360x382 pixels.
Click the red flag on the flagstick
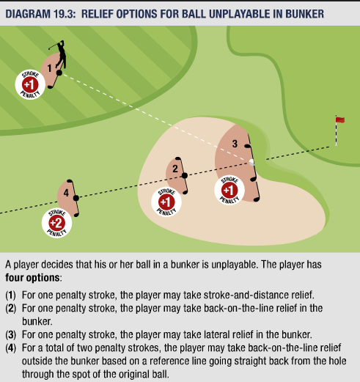click(x=340, y=120)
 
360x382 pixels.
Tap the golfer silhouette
click(x=59, y=55)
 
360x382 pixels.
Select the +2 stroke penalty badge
click(x=56, y=223)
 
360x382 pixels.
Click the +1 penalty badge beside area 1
click(x=30, y=84)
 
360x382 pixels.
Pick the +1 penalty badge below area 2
click(x=166, y=202)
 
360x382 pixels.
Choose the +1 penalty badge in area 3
click(x=229, y=190)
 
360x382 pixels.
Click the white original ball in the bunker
click(x=251, y=162)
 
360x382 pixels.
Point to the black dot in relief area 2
click(x=185, y=175)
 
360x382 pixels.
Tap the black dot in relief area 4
click(x=76, y=198)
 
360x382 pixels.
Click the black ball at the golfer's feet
click(x=59, y=73)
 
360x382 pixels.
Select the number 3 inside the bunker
click(x=235, y=144)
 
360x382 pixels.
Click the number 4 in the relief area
click(x=66, y=193)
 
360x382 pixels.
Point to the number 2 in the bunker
click(x=175, y=169)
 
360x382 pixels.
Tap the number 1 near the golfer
click(x=50, y=68)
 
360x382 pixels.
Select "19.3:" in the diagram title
click(x=65, y=14)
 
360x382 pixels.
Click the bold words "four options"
click(x=32, y=278)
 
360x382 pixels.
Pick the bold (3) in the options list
click(x=10, y=334)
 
